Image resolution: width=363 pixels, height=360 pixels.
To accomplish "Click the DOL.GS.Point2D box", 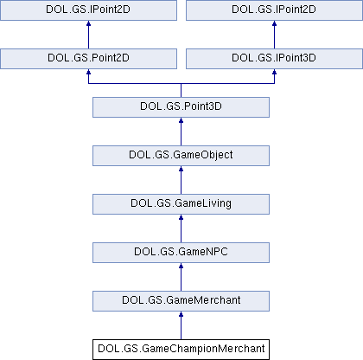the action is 88,59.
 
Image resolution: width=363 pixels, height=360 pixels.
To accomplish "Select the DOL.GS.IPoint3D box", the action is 274,59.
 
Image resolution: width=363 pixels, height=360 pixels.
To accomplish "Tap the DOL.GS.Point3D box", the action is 181,107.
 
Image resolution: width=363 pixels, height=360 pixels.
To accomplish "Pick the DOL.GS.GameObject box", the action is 181,156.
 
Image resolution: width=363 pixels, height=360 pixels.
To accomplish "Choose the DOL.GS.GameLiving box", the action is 181,204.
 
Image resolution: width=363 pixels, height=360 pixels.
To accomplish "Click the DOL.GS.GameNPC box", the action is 181,253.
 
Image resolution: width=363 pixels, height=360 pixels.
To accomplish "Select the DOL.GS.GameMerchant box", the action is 181,301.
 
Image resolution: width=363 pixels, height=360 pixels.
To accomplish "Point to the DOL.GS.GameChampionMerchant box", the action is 181,350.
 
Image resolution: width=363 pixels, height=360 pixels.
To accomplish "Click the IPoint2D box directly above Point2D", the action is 88,10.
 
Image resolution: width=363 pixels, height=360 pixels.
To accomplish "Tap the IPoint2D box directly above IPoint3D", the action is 274,10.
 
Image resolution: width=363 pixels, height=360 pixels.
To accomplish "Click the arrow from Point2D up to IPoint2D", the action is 88,35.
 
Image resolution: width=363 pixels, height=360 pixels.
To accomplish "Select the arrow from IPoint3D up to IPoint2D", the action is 274,35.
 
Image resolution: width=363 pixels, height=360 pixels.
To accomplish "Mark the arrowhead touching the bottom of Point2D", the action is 88,72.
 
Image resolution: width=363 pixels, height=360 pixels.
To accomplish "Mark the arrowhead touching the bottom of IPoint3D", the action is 274,72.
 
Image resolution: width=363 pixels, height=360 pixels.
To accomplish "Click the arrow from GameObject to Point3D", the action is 181,132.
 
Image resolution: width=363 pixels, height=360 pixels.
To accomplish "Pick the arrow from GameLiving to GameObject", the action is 181,180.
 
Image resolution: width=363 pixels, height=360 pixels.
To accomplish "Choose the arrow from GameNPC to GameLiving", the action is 181,228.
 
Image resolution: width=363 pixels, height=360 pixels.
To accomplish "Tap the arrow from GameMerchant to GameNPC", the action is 181,277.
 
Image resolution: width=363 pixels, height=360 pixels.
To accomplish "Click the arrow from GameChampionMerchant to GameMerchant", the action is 181,325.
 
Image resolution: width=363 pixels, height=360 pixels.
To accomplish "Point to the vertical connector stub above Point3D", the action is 181,90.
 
